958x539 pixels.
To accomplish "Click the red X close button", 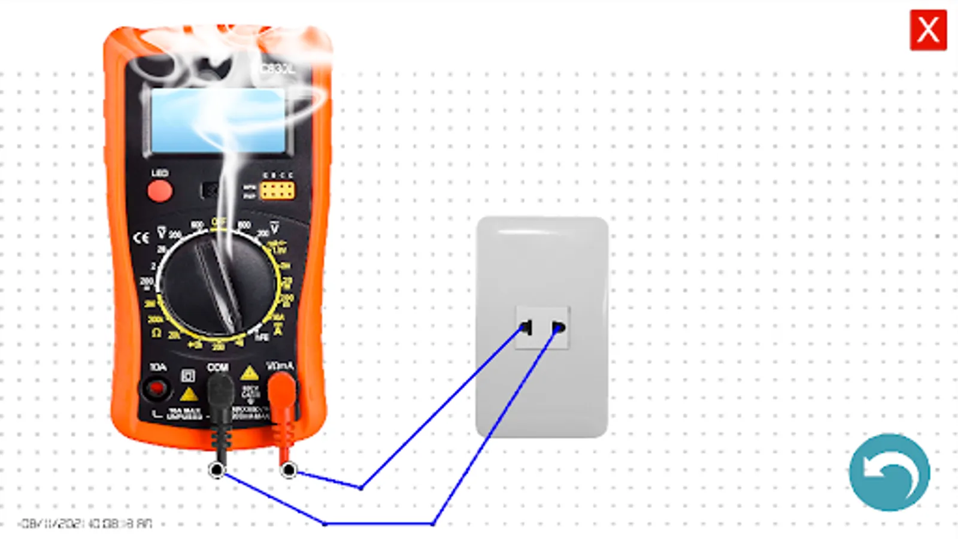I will [x=928, y=30].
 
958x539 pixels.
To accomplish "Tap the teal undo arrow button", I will [x=889, y=473].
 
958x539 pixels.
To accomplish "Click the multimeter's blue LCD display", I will [x=219, y=122].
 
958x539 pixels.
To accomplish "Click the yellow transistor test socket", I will [x=277, y=191].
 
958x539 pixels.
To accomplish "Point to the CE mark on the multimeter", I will [x=141, y=238].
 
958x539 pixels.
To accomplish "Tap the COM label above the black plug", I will [x=217, y=367].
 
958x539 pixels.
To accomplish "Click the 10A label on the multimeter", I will [x=158, y=367].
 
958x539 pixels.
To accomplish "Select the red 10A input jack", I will [x=156, y=389].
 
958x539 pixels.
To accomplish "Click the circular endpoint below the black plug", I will [x=217, y=470].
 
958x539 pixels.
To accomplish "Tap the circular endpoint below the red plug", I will [x=289, y=470].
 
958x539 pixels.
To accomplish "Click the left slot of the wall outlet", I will [x=526, y=328].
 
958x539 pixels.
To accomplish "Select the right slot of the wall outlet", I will [x=558, y=328].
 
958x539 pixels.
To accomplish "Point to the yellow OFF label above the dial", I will [x=218, y=222].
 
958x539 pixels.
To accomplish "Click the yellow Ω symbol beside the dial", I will [x=156, y=333].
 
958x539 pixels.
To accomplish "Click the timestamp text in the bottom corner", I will [x=86, y=523].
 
